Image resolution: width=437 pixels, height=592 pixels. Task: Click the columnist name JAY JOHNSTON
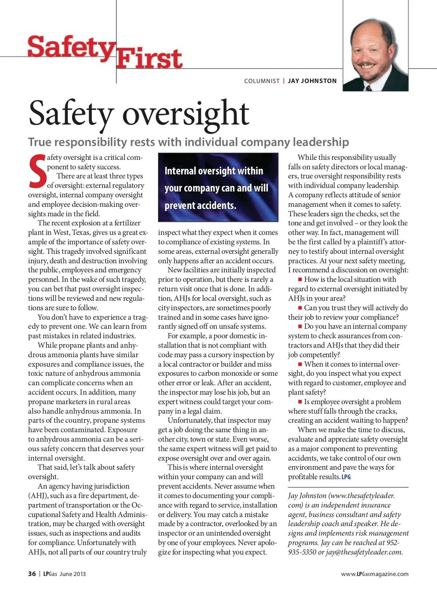312,81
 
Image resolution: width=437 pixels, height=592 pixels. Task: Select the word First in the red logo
149,59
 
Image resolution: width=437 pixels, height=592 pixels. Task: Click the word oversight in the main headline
186,114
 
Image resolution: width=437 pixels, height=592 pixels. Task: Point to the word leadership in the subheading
321,142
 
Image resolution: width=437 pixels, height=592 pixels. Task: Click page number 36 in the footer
32,574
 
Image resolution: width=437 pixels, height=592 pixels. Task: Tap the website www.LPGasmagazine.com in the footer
375,574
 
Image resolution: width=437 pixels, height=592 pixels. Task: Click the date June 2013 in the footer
73,574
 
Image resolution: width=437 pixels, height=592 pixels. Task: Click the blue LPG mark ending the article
346,477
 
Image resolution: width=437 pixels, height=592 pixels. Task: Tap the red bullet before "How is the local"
300,279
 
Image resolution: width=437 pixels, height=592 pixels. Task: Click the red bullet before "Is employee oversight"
300,402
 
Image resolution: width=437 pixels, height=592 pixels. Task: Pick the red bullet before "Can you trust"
300,308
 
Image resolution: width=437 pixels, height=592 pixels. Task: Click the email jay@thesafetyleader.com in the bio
364,552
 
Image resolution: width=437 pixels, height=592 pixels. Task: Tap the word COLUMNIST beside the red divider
262,81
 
